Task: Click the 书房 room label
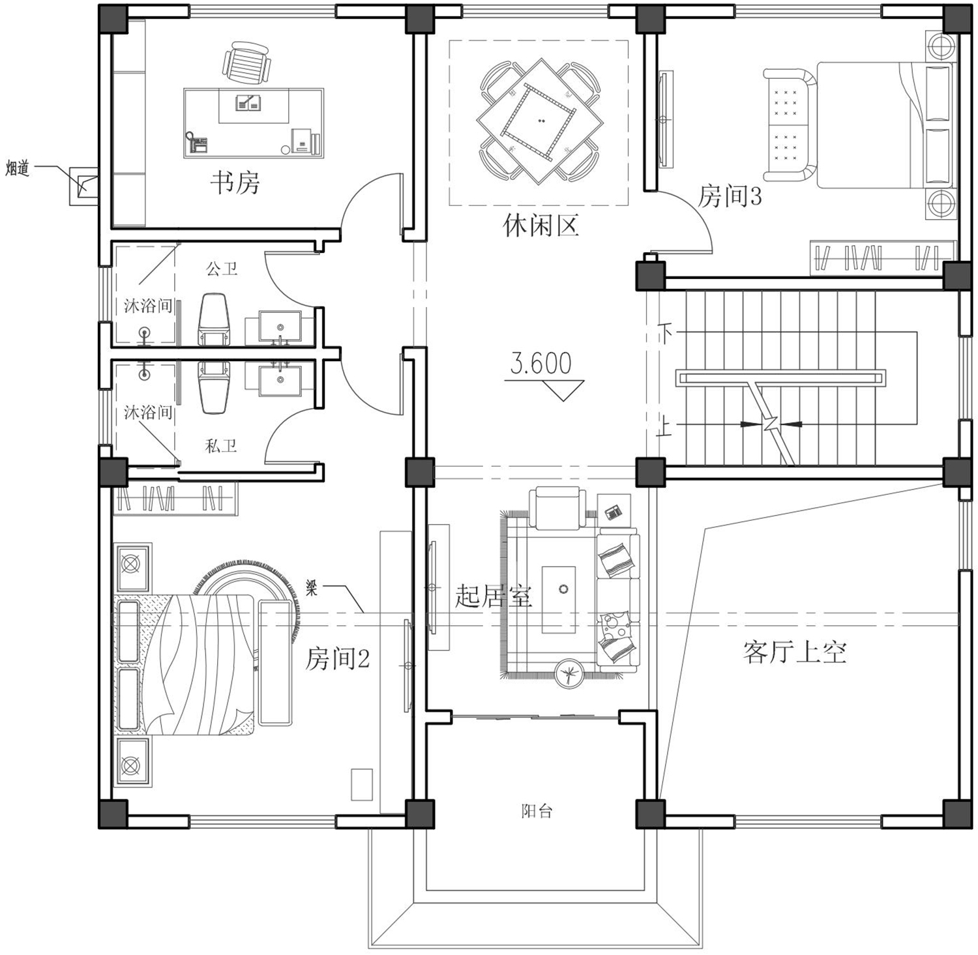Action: point(235,183)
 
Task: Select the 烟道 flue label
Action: point(18,168)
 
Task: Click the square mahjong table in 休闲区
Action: point(539,121)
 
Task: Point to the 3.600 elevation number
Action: point(541,364)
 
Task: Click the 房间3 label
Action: point(730,196)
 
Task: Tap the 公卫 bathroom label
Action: point(222,268)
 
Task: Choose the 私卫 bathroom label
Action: point(221,446)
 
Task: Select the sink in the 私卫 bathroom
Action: point(280,381)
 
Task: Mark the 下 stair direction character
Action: point(665,334)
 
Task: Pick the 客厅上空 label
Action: point(794,651)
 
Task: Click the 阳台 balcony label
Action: point(537,811)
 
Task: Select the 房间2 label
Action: point(338,659)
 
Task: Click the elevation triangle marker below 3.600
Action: point(561,390)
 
